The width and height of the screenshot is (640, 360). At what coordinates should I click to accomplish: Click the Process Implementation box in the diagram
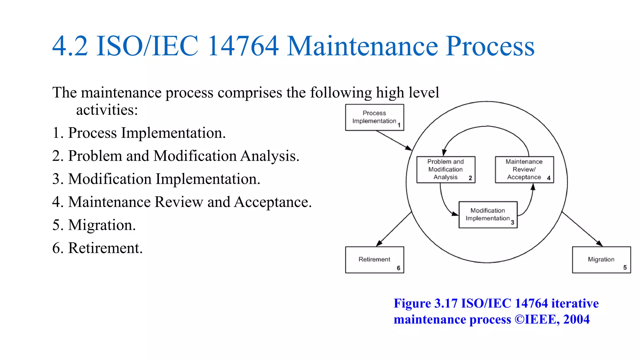374,117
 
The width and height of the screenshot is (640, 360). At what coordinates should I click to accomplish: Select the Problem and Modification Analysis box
446,169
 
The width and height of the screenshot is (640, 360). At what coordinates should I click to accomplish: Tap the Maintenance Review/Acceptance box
524,169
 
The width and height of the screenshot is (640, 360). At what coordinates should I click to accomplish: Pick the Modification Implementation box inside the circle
488,215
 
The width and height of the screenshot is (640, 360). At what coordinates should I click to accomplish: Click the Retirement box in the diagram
374,260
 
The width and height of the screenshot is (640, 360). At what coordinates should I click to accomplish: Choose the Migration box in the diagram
601,260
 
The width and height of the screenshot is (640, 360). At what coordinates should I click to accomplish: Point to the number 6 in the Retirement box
398,268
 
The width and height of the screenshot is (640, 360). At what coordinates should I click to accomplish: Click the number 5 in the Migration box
625,267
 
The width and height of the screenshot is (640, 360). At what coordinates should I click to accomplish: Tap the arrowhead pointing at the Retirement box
379,243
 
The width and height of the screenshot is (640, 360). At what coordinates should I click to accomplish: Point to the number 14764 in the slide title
243,46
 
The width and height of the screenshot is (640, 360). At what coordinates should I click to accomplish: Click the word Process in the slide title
490,46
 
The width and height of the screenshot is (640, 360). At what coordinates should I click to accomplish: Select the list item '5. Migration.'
94,225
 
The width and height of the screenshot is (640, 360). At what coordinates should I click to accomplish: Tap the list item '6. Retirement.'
97,248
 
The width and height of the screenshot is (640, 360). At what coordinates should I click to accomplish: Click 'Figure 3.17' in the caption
425,303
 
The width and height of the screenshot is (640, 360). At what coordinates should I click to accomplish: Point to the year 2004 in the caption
576,319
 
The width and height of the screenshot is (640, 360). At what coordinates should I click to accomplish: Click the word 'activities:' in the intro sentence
107,110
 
